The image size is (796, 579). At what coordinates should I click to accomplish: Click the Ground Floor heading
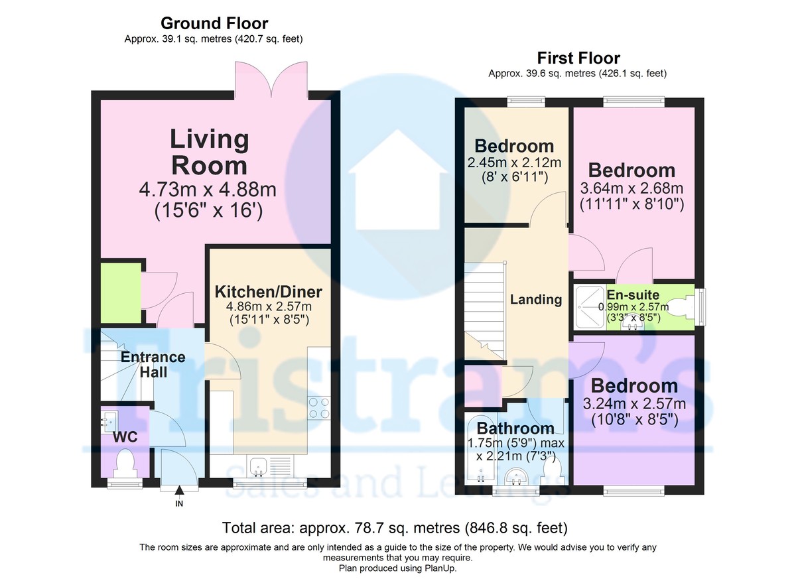214,23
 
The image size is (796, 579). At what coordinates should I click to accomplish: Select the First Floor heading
578,58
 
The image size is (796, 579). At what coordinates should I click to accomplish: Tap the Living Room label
210,152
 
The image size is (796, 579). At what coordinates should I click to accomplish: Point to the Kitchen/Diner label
269,292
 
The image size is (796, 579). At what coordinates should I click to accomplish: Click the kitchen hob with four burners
319,408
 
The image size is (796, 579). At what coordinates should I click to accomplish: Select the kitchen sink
258,466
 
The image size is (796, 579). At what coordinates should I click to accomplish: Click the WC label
125,437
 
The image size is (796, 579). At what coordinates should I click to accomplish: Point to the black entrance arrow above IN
179,490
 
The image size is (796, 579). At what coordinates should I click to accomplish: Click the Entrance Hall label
153,365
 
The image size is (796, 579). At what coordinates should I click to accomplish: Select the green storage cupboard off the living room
121,293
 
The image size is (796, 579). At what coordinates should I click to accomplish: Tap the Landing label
536,299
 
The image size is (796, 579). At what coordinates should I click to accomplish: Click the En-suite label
633,294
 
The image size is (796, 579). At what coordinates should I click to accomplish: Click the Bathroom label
515,428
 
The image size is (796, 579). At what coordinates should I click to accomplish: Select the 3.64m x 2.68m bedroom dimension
631,188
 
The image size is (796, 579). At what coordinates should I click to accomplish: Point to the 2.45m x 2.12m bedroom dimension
514,162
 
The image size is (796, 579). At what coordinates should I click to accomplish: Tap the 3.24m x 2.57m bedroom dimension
634,403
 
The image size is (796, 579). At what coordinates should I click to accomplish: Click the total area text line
395,528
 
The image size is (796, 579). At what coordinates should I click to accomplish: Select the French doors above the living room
271,80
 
